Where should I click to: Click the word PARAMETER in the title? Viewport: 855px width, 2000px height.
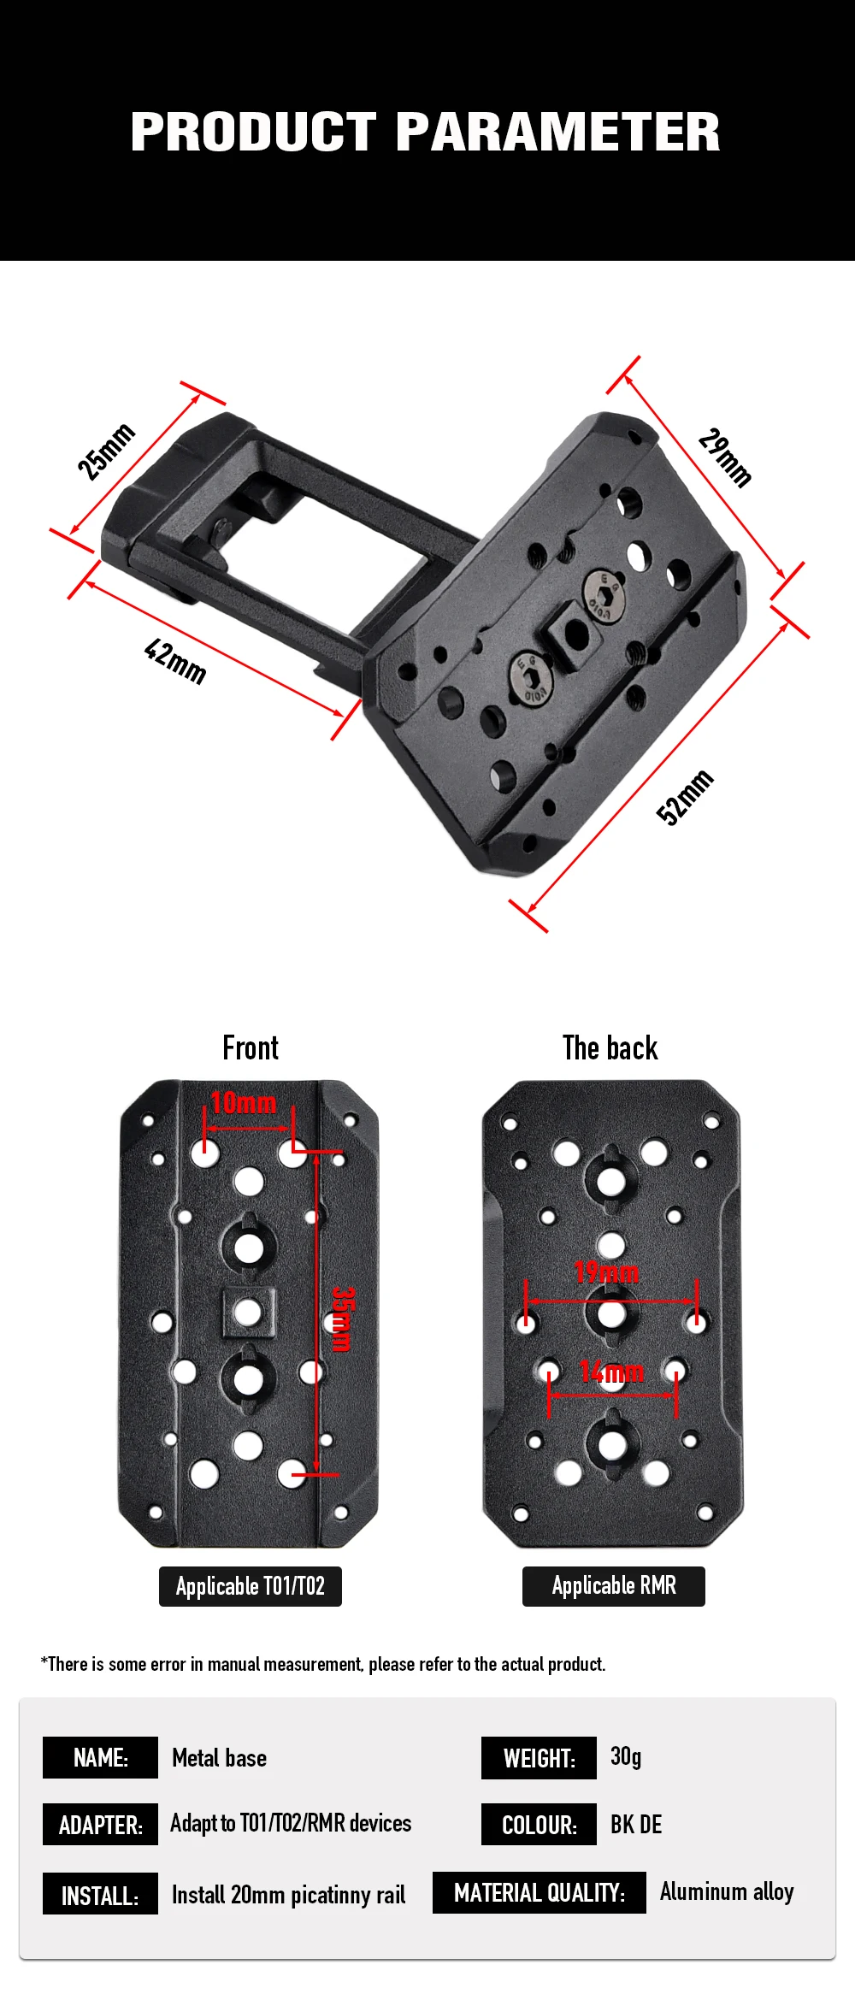click(x=558, y=132)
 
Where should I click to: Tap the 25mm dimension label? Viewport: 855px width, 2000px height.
click(x=106, y=451)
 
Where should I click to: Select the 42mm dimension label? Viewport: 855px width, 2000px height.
click(x=175, y=661)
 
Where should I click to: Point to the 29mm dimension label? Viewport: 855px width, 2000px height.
click(x=725, y=457)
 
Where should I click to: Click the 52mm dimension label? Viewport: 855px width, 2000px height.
click(x=685, y=797)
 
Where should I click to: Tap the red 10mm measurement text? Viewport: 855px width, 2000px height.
click(x=244, y=1103)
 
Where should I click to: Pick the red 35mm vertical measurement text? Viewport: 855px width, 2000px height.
click(x=342, y=1319)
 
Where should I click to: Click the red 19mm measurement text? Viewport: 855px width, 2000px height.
click(x=607, y=1272)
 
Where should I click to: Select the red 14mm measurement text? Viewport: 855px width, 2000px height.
click(x=611, y=1372)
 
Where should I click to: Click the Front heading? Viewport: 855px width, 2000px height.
click(x=251, y=1047)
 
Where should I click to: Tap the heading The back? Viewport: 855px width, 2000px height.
click(x=610, y=1047)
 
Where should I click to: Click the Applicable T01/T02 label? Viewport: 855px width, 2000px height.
click(x=251, y=1586)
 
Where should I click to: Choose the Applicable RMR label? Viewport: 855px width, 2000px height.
click(x=614, y=1586)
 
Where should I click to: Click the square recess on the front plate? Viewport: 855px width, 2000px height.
click(x=248, y=1312)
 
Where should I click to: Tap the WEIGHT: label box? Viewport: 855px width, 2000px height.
click(x=539, y=1758)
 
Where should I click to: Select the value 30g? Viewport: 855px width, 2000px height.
click(x=626, y=1756)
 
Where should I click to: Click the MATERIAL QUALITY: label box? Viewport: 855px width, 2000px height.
click(x=540, y=1892)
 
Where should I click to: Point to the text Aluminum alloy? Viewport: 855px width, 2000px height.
click(x=727, y=1891)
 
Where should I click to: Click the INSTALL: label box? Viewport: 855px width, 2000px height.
click(x=100, y=1893)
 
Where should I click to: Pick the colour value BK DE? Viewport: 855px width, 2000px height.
click(x=636, y=1824)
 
